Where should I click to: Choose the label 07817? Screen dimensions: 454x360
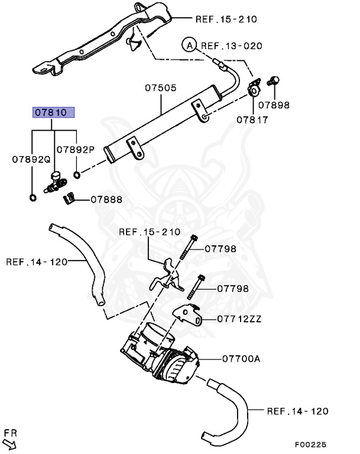pos(253,119)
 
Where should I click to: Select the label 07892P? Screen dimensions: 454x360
pos(76,150)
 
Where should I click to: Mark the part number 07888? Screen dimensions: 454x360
pos(106,199)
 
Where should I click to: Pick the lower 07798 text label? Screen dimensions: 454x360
pos(232,288)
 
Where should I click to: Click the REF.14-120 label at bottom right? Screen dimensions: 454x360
pos(297,411)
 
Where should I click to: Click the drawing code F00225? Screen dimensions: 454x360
pos(310,445)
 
